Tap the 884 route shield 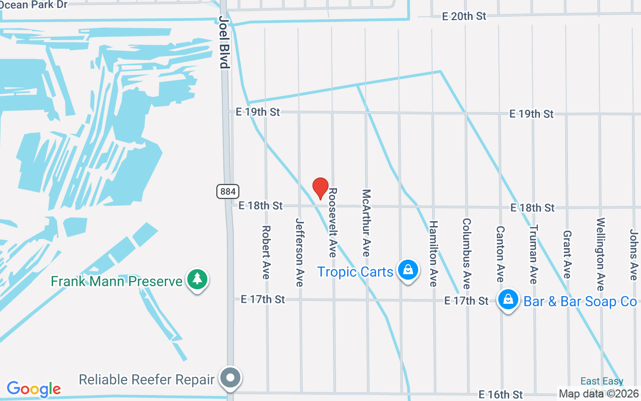click(228, 191)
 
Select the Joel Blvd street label click(224, 42)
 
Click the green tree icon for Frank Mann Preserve click(197, 280)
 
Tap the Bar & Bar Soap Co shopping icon click(508, 300)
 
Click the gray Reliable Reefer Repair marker click(230, 378)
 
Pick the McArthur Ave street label click(366, 223)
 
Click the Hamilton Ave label click(433, 254)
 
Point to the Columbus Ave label click(467, 253)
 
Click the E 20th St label click(464, 16)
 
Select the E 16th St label click(501, 394)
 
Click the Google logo click(34, 389)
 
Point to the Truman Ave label click(533, 254)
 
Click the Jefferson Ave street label click(299, 252)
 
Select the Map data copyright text click(599, 394)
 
